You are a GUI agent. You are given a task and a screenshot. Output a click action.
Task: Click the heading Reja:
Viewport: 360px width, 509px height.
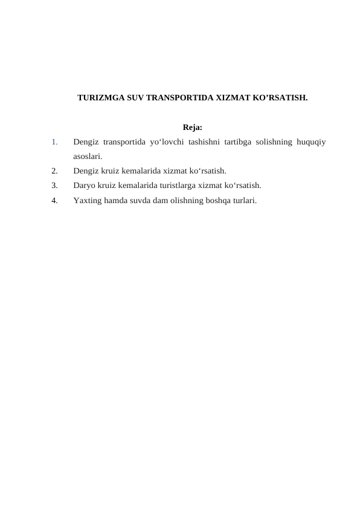[191, 128]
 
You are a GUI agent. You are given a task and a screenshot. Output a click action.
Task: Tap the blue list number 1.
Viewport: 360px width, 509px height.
[54, 143]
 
